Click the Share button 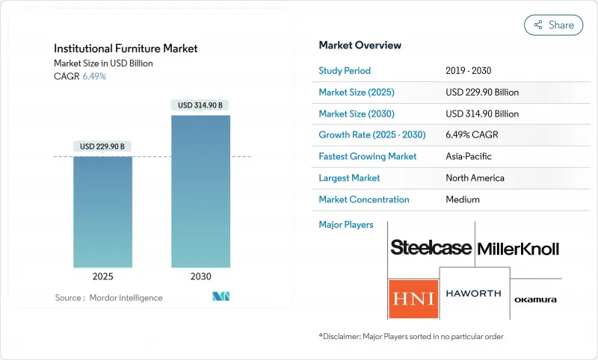(x=553, y=25)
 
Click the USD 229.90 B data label (x=103, y=146)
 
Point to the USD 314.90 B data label (x=200, y=105)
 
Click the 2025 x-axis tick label (x=103, y=276)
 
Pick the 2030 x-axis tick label (x=200, y=276)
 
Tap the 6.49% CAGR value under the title (x=93, y=77)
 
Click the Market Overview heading (x=360, y=46)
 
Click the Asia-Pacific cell (x=469, y=157)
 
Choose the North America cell (x=475, y=178)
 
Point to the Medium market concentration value (x=463, y=199)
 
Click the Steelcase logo (x=431, y=248)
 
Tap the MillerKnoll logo (x=517, y=249)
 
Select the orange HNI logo (x=413, y=299)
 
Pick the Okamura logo (x=535, y=300)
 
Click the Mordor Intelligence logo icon (x=221, y=297)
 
